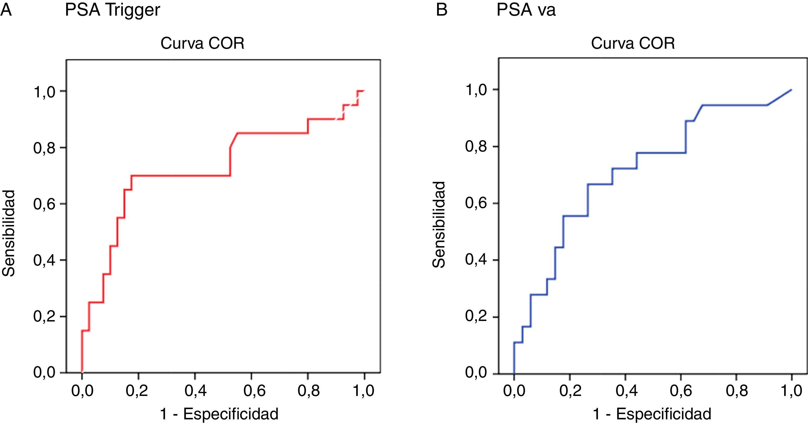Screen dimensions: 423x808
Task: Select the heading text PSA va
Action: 526,10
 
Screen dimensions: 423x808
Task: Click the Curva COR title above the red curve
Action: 202,43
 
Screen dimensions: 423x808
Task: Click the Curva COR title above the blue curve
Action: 633,43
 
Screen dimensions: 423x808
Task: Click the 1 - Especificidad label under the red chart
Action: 219,414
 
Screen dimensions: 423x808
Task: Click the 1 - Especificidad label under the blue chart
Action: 652,414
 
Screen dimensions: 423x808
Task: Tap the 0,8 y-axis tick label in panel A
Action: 46,148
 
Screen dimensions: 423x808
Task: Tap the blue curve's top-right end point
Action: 791,90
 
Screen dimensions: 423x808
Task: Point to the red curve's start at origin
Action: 82,372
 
